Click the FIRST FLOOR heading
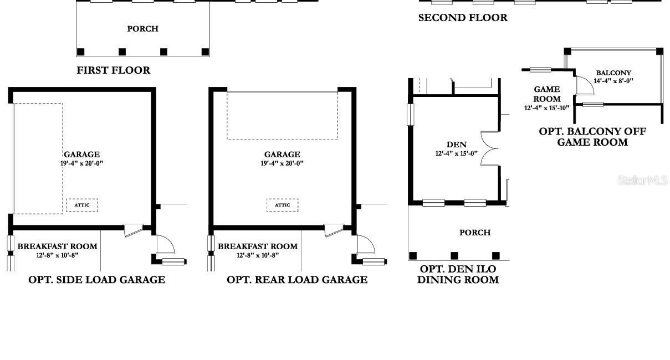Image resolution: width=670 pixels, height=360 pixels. (114, 70)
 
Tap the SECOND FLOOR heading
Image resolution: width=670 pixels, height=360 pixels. (463, 18)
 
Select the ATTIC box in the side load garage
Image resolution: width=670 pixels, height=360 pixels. (82, 205)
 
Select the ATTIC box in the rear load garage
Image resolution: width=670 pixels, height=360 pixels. (283, 205)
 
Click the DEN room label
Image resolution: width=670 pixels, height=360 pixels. (457, 145)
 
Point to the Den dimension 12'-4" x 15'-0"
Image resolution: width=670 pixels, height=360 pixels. (457, 153)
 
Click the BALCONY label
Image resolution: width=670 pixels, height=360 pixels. (613, 73)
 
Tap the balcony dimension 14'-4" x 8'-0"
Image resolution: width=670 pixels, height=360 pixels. (613, 81)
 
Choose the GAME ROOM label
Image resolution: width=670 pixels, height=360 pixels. (547, 94)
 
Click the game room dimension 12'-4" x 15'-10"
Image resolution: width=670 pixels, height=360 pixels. (547, 108)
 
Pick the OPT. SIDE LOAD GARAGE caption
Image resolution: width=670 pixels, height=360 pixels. (96, 280)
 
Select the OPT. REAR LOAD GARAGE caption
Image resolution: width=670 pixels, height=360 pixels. (297, 280)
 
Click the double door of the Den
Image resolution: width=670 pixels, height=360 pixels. (489, 148)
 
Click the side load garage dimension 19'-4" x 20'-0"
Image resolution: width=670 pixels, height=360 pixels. (81, 163)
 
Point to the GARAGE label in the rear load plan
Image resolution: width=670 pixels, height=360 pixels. (282, 155)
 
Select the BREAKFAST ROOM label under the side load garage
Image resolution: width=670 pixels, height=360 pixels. (58, 246)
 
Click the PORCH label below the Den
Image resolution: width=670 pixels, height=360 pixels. (475, 233)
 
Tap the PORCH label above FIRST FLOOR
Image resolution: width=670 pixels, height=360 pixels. (142, 29)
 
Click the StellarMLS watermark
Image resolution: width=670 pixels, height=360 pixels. (643, 181)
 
